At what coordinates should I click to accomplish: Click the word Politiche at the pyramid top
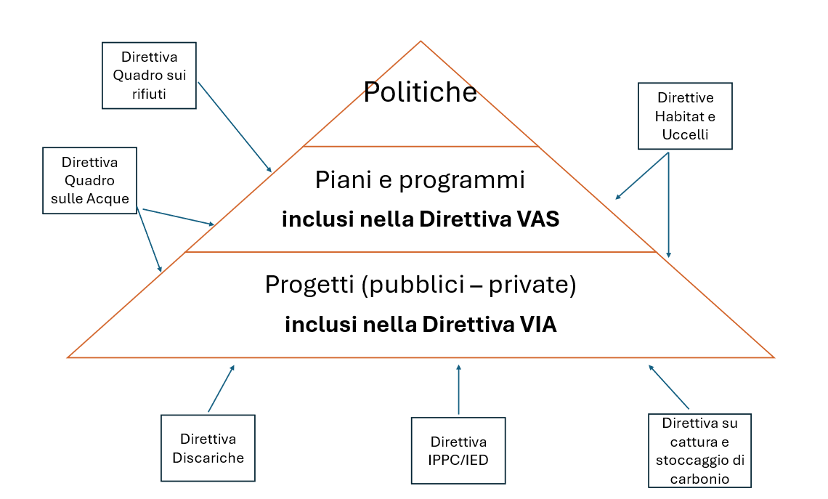tap(421, 92)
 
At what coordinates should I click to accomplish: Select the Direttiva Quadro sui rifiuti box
tap(149, 76)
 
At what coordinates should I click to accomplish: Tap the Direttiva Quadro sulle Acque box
tap(90, 181)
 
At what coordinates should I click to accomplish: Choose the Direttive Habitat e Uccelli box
tap(685, 115)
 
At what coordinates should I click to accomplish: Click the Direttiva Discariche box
tap(208, 447)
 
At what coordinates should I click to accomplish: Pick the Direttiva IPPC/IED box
tap(458, 450)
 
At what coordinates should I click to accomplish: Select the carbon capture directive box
tap(699, 450)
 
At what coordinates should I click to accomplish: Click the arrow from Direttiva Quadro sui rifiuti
tap(235, 126)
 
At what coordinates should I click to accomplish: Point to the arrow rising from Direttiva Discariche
tap(222, 388)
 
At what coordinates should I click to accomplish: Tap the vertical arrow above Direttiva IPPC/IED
tap(458, 389)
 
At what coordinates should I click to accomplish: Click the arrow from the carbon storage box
tap(668, 386)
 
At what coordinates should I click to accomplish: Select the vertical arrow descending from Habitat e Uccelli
tap(668, 205)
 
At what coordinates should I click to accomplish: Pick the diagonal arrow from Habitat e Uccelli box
tap(642, 176)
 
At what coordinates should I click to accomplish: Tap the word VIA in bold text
tap(539, 324)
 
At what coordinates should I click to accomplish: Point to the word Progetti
tap(309, 285)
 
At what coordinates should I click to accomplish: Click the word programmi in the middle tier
tap(461, 180)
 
